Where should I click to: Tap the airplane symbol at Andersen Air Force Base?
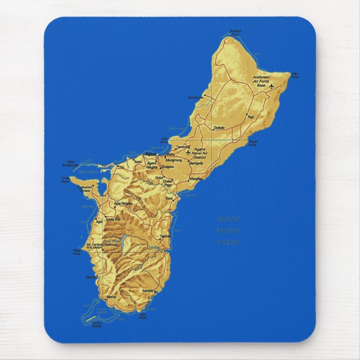coord(272,87)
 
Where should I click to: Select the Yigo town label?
coord(250,117)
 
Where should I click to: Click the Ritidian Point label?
coord(235,32)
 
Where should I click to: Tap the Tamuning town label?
coord(183,147)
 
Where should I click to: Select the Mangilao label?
coord(196,178)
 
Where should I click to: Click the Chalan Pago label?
coord(168,183)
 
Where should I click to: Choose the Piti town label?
coord(121,167)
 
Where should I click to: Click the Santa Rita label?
coord(113,220)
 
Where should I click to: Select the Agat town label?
coord(99,221)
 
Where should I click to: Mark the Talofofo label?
coord(164,236)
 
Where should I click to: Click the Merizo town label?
coord(111,296)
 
